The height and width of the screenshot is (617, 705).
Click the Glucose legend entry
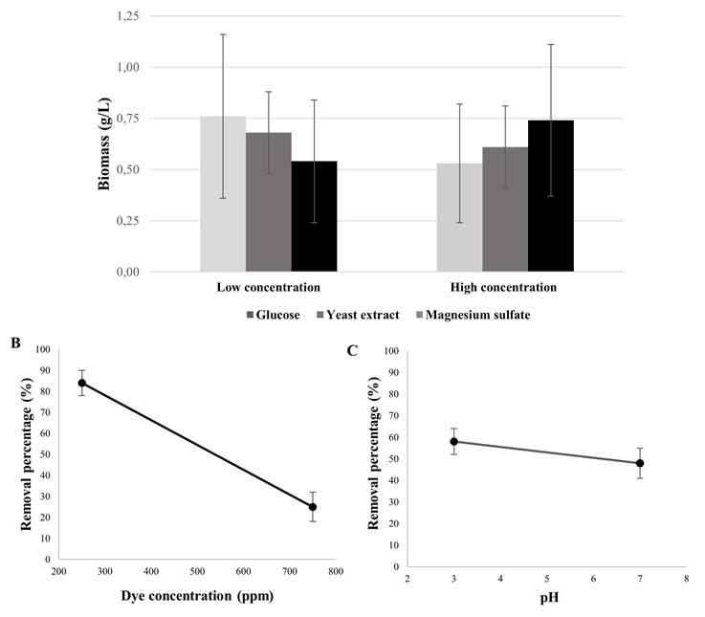click(275, 314)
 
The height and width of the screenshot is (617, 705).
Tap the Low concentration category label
click(269, 287)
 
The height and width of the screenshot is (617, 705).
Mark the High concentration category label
click(505, 287)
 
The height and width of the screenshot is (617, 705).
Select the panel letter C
click(353, 350)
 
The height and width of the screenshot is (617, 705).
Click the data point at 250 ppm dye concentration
click(82, 383)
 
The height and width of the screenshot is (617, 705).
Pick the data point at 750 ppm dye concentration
click(313, 507)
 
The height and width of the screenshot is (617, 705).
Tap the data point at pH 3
click(454, 442)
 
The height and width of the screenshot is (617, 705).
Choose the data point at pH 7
click(640, 463)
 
